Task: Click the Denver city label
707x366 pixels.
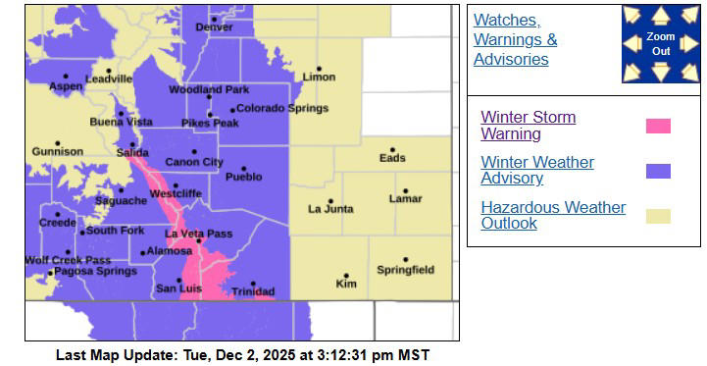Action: click(214, 27)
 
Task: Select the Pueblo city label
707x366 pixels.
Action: click(243, 178)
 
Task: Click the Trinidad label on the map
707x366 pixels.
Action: click(253, 292)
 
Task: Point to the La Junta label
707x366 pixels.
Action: click(328, 209)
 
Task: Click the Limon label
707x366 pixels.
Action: click(319, 78)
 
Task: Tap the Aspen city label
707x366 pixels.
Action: click(66, 86)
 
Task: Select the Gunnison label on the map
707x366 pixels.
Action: click(57, 152)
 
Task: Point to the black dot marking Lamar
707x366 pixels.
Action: click(404, 190)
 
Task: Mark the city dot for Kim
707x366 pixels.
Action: click(346, 276)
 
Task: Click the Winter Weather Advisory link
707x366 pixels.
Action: click(536, 170)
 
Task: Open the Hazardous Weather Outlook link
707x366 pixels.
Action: click(552, 215)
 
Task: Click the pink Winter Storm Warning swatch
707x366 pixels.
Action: click(658, 126)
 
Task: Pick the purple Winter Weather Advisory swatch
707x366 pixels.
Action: click(658, 171)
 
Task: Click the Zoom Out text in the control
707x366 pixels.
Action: click(660, 44)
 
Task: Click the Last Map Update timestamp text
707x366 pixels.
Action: click(242, 354)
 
